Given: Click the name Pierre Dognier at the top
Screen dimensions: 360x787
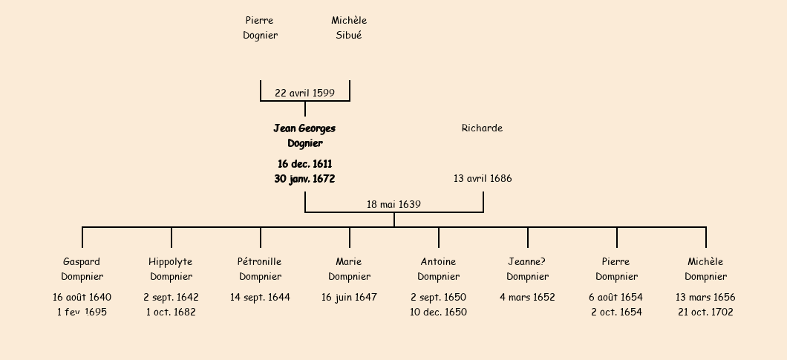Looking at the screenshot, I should tap(260, 27).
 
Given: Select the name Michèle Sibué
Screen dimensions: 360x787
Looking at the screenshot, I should tap(349, 27).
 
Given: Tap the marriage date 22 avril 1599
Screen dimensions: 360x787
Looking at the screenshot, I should tap(304, 93).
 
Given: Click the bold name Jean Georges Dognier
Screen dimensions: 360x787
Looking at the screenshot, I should tap(304, 136).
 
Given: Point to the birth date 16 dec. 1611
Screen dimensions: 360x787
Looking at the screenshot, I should tap(304, 163).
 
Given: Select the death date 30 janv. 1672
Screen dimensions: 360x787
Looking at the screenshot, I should tap(304, 179).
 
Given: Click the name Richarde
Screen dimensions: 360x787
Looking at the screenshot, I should tap(482, 128).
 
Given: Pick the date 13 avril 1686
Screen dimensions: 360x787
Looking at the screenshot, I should tap(483, 178).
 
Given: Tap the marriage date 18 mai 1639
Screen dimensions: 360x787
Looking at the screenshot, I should tap(393, 204).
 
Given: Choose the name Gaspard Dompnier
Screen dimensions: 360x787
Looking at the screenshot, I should tap(82, 269).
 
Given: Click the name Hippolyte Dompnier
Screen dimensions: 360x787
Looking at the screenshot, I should tap(171, 269).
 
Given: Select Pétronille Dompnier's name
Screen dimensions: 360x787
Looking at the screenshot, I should tap(260, 269).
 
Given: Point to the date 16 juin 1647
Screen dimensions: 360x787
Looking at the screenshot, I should tap(349, 297).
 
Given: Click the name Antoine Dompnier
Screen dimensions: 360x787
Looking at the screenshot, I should tap(438, 269).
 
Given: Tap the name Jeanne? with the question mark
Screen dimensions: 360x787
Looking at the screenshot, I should tap(527, 261).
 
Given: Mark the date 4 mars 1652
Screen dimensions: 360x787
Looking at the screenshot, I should tap(527, 297).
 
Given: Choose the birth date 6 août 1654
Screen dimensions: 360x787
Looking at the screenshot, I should tap(615, 297).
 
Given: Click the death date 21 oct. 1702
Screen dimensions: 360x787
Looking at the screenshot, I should tap(705, 312).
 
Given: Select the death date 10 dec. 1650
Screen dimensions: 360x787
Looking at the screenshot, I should tap(438, 312).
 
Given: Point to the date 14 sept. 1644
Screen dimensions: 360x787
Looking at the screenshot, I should tap(260, 297).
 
